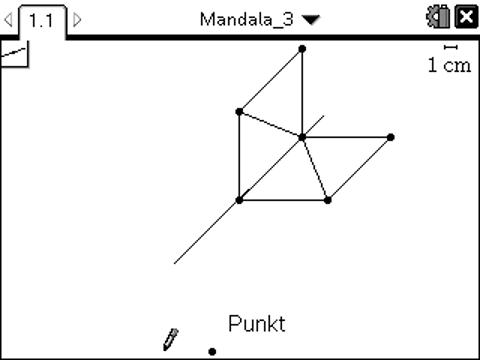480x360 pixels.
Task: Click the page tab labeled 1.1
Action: pyautogui.click(x=42, y=20)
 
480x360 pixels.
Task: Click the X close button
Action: pyautogui.click(x=465, y=18)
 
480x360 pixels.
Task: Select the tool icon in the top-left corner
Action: pyautogui.click(x=14, y=53)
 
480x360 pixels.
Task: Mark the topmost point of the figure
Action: pyautogui.click(x=302, y=48)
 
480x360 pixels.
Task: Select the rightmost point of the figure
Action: pyautogui.click(x=390, y=137)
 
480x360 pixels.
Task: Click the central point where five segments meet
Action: pyautogui.click(x=302, y=136)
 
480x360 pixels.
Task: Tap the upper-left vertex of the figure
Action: pyautogui.click(x=239, y=111)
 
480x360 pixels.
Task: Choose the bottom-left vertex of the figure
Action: pyautogui.click(x=239, y=200)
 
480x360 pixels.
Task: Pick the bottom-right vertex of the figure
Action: pyautogui.click(x=328, y=200)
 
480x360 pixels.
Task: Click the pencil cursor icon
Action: pyautogui.click(x=171, y=338)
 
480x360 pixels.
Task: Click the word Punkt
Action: pyautogui.click(x=256, y=324)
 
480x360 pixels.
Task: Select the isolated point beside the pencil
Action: pyautogui.click(x=212, y=351)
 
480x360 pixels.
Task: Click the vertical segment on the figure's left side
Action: pyautogui.click(x=239, y=156)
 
